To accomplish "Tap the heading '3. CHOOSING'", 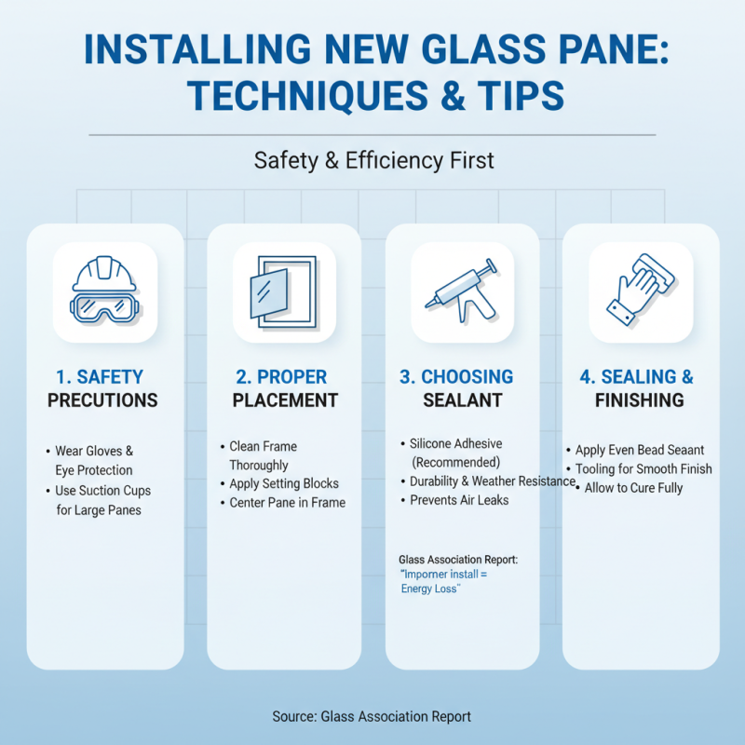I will click(456, 377).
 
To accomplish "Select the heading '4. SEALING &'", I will click(637, 377).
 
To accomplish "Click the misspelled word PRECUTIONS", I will click(103, 401).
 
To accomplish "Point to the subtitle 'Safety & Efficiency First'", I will click(373, 160).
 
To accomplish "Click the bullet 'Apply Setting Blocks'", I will click(284, 484).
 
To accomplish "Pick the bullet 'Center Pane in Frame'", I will click(287, 503).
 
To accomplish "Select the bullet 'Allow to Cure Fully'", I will click(633, 488).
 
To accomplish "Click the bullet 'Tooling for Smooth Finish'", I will click(643, 469).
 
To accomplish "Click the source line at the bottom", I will click(372, 716).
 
